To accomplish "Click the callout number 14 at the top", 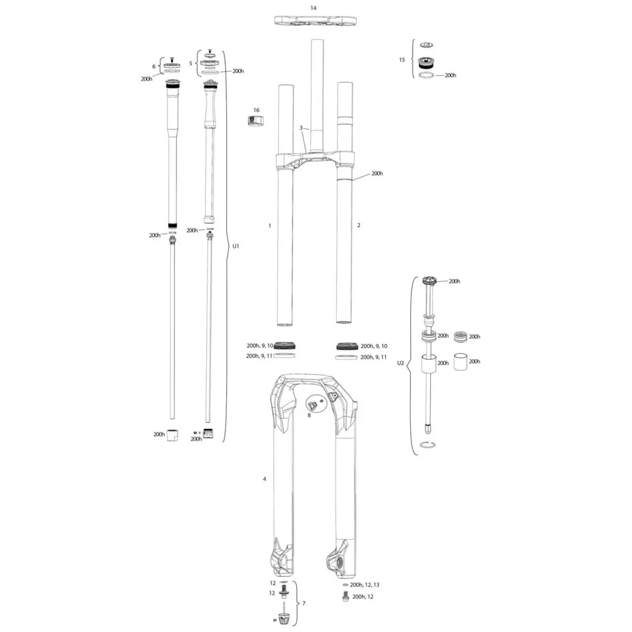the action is [313, 8].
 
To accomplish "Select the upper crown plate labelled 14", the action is [315, 21].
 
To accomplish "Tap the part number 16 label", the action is [257, 110].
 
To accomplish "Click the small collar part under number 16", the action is [255, 121].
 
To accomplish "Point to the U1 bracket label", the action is [236, 246].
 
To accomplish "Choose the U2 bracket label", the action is [400, 363].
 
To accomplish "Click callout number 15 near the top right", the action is [402, 59].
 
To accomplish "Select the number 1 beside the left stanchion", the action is [270, 226].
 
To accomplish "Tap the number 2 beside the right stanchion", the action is [359, 225].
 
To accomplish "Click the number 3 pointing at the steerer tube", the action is [301, 128].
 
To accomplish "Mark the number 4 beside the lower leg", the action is [264, 479].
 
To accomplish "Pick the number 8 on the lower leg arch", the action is [309, 415].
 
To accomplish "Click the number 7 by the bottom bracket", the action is [304, 604].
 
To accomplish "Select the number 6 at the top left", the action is [154, 66].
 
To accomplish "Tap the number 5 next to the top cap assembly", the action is [191, 64].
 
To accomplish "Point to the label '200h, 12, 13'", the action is [365, 585].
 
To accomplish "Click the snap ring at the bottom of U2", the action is [427, 444].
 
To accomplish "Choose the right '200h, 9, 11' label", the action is [374, 357].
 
